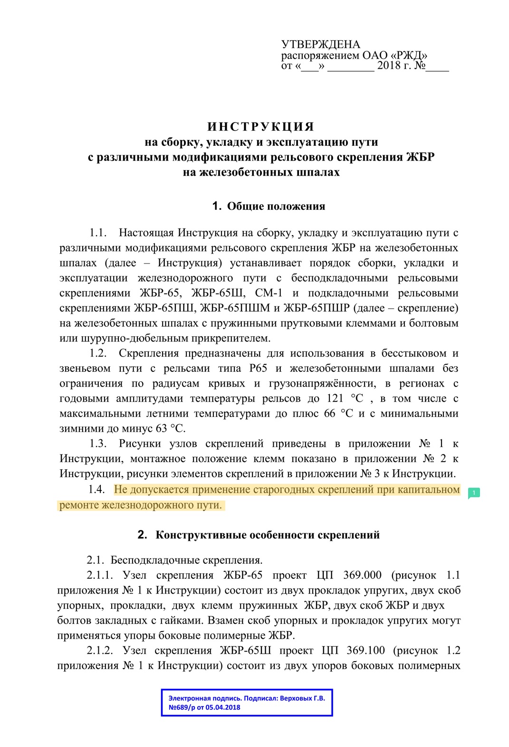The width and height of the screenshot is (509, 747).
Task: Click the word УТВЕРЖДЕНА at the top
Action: tap(320, 45)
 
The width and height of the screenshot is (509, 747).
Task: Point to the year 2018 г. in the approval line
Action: tap(394, 66)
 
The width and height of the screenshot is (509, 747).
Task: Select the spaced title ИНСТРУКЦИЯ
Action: tap(261, 127)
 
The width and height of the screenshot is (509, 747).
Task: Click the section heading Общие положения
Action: tap(276, 206)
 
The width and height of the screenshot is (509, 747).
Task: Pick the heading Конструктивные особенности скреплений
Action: tap(268, 535)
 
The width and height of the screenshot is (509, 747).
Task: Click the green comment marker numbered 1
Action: tap(474, 493)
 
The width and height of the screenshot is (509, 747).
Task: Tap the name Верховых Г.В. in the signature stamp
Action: tap(302, 698)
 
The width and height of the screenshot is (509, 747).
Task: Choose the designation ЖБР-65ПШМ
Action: tap(235, 308)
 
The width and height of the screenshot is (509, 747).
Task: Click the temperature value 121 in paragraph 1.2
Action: tap(336, 398)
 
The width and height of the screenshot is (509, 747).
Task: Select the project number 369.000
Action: tap(362, 575)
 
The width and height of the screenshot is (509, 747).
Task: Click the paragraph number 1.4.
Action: tap(96, 490)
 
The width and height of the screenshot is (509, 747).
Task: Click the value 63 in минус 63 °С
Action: tap(162, 429)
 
